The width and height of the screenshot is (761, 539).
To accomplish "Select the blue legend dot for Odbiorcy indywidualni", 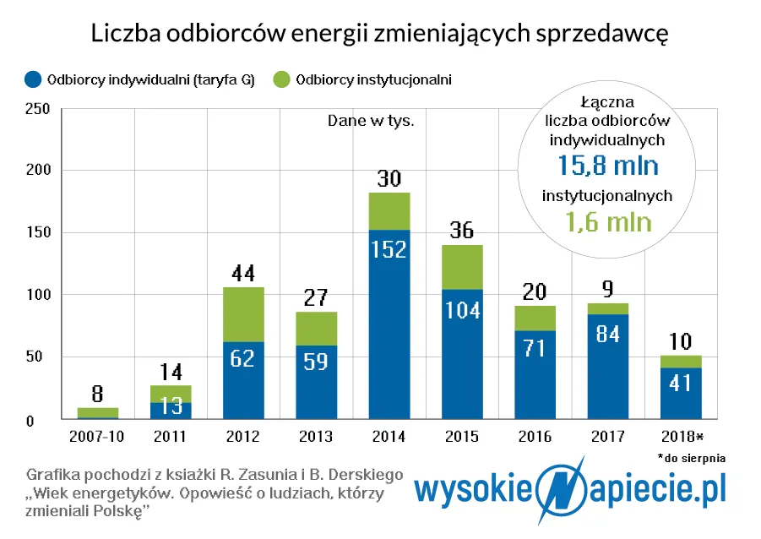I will coord(33,80).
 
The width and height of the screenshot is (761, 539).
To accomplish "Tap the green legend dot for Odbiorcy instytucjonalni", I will coord(281,80).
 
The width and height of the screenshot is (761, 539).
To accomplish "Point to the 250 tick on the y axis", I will coord(38,109).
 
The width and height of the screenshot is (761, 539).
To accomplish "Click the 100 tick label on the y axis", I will coord(38,295).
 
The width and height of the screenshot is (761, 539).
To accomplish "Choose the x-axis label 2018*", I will coord(680,436).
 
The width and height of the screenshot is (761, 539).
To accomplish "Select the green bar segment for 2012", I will coord(243,314).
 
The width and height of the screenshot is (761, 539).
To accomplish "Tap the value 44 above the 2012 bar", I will coord(243,273).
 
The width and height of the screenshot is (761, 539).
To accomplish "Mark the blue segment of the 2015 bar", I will coord(463,354).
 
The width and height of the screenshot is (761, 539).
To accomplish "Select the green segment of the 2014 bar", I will coord(389,211).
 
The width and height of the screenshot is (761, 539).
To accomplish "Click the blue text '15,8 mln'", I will coord(607,164).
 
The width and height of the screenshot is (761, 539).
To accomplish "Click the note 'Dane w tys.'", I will coord(371,121).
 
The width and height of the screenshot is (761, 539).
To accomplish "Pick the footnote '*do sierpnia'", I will coord(691,457).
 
